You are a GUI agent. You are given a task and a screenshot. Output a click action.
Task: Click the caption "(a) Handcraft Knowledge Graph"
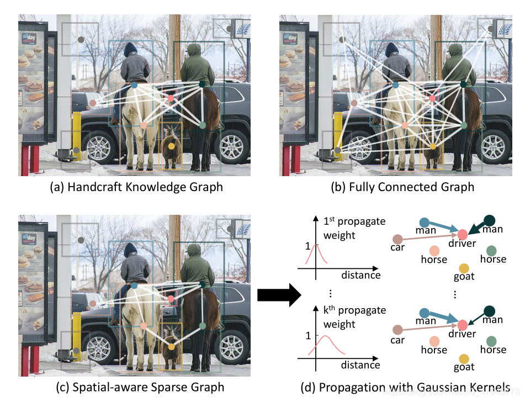click(136, 187)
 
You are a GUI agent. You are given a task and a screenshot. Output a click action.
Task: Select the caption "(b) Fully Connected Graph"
click(402, 187)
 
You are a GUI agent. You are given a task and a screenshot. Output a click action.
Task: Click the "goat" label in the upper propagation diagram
click(463, 276)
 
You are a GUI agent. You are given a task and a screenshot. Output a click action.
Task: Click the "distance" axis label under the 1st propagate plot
click(360, 274)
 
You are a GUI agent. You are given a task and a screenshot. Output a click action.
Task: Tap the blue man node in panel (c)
click(135, 286)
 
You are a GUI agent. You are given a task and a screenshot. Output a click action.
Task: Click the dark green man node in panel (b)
click(464, 84)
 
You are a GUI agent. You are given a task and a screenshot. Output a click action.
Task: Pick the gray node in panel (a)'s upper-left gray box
click(81, 40)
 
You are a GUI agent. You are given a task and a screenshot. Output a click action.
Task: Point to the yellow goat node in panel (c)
click(171, 346)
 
